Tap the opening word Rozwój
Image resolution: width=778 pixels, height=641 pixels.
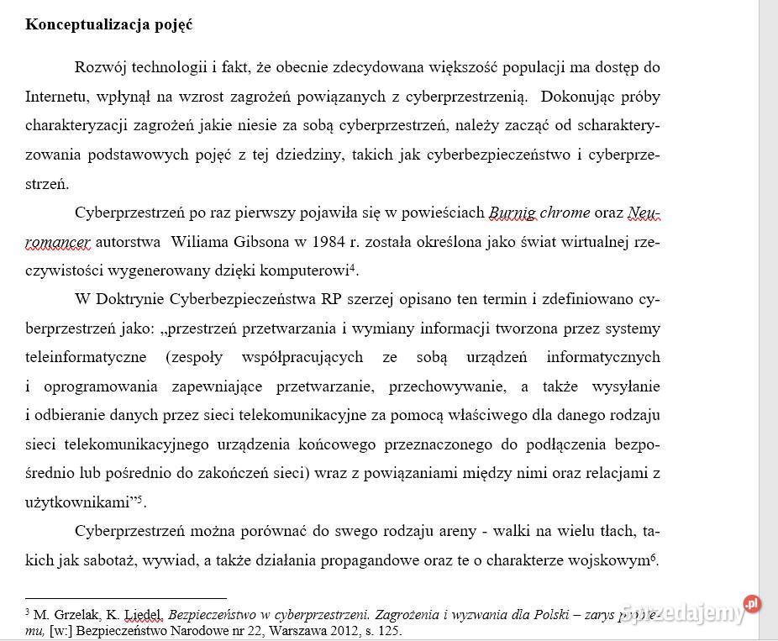tap(100, 67)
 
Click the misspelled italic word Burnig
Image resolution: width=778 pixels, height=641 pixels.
tap(512, 213)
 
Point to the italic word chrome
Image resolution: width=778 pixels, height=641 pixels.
tap(565, 213)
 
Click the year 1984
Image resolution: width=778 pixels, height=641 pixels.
tap(323, 242)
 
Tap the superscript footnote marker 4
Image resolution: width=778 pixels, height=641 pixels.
tap(354, 268)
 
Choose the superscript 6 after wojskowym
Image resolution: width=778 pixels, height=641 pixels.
tap(653, 556)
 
